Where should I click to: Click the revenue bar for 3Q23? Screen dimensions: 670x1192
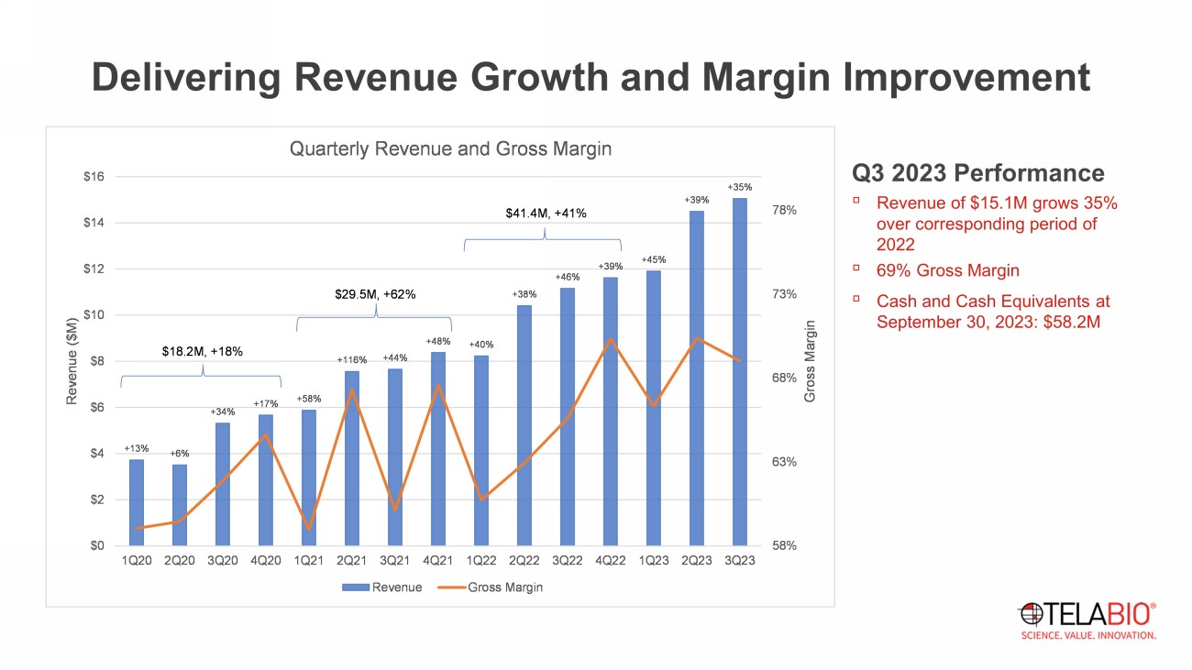[739, 371]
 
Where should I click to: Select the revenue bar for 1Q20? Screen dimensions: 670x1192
[137, 502]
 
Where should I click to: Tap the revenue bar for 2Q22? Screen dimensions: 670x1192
[524, 425]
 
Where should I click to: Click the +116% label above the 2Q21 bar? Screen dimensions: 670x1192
[351, 360]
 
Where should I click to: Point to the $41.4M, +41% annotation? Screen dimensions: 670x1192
[546, 214]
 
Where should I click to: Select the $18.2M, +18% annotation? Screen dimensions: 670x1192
[203, 351]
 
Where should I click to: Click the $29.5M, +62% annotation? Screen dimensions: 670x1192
[375, 294]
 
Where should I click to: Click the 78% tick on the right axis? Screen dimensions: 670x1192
[784, 210]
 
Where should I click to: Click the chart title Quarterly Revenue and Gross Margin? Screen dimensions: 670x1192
[450, 148]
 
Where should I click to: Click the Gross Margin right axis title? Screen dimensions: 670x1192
[810, 361]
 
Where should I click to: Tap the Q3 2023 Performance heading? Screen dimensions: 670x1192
[977, 173]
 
